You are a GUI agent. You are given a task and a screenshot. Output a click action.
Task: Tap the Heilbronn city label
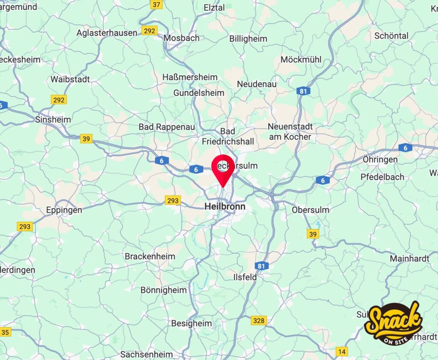(x=225, y=206)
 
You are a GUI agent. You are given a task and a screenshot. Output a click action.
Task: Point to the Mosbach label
(x=181, y=38)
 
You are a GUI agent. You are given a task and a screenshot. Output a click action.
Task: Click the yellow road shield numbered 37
(x=157, y=5)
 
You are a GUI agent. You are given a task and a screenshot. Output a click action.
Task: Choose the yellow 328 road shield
(x=259, y=320)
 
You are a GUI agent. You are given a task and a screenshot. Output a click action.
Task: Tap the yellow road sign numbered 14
(x=341, y=351)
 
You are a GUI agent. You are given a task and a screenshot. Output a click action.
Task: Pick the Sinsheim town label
(x=53, y=119)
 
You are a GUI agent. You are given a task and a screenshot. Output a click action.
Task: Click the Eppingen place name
(x=64, y=210)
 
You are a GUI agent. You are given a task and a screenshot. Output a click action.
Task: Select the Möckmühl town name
(x=301, y=60)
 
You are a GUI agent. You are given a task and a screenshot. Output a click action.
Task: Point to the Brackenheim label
(x=150, y=256)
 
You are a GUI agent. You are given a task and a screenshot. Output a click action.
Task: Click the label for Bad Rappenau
(x=166, y=127)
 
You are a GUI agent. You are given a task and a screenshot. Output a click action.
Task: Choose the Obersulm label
(x=311, y=210)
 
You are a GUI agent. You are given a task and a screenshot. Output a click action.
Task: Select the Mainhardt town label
(x=409, y=259)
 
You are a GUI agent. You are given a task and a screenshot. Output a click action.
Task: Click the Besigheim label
(x=191, y=323)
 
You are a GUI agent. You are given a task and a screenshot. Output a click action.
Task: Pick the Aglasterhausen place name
(x=107, y=33)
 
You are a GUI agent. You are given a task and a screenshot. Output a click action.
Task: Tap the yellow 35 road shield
(x=5, y=332)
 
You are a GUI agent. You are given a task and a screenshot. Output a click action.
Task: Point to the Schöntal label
(x=391, y=36)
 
